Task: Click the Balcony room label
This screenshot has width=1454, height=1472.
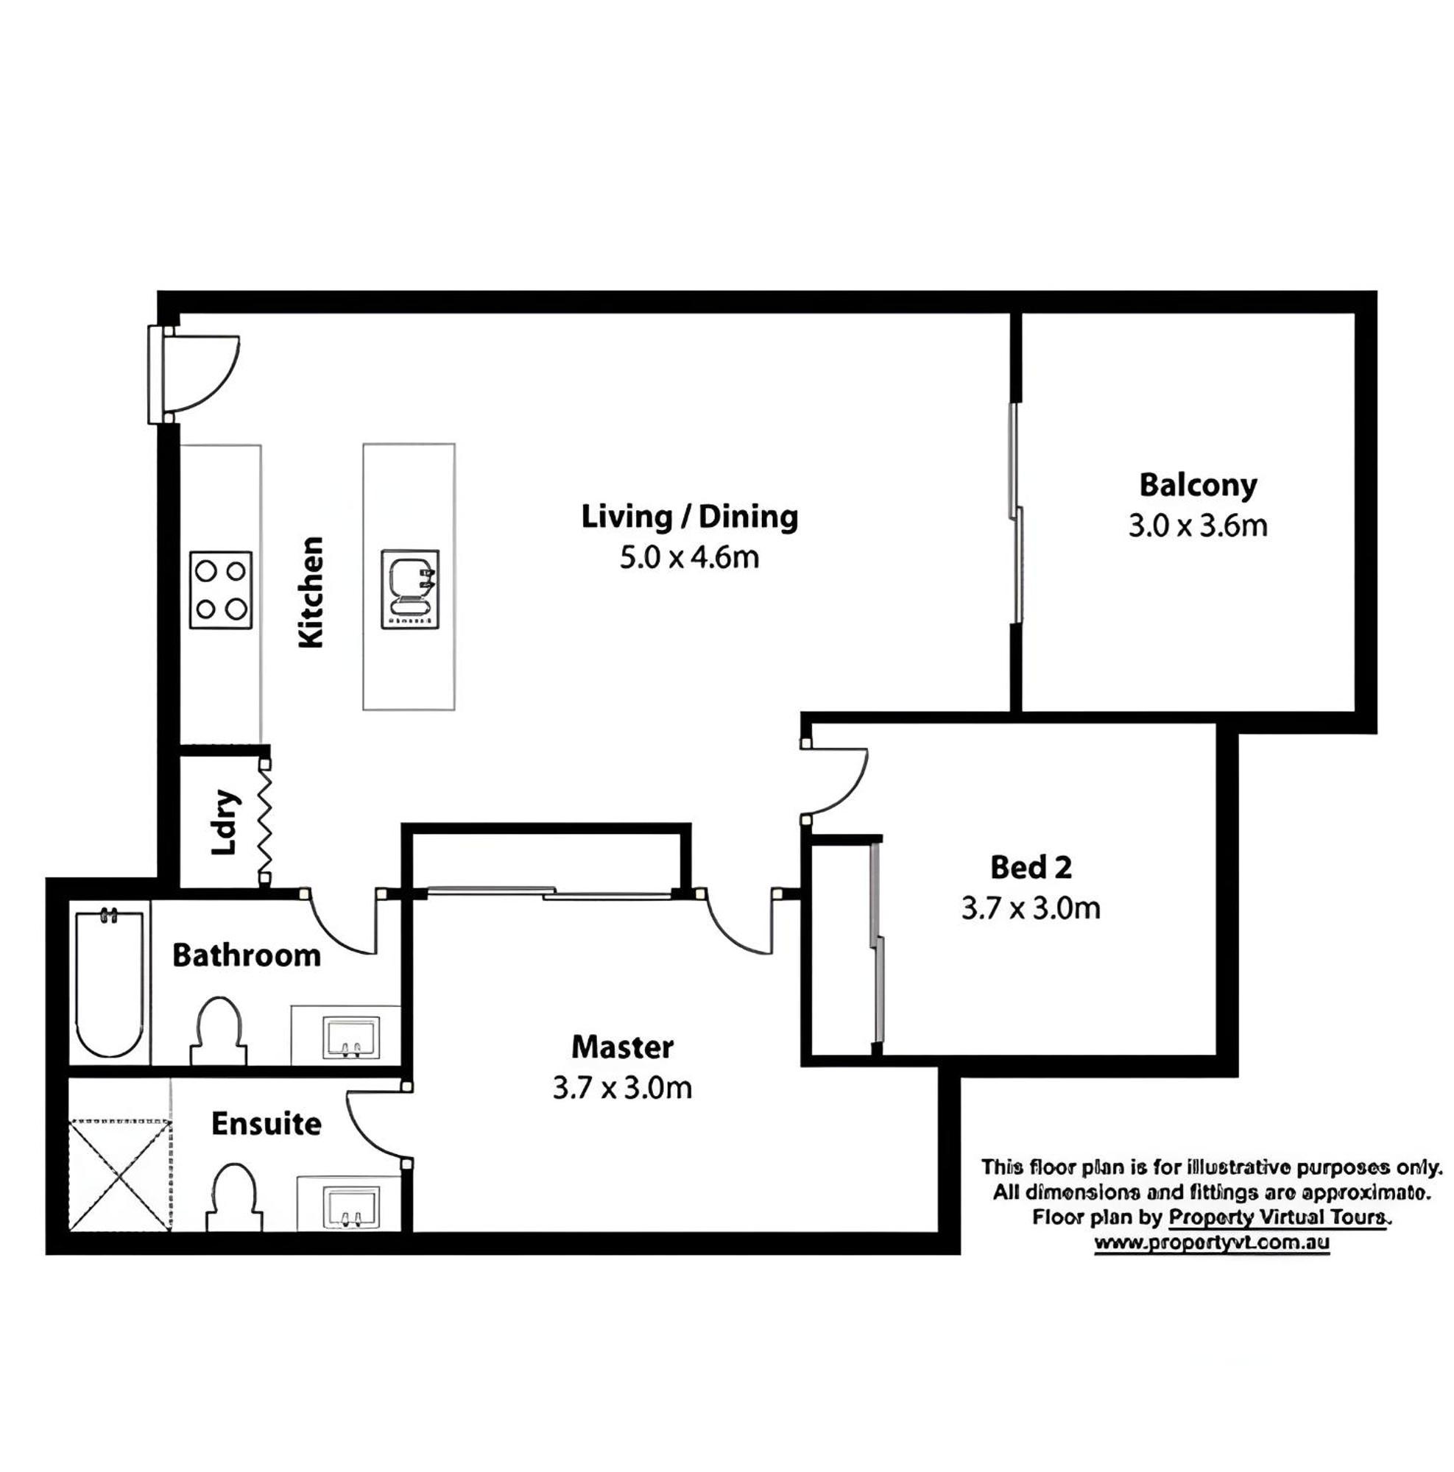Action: coord(1197,485)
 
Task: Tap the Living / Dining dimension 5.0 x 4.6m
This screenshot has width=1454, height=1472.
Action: coord(689,557)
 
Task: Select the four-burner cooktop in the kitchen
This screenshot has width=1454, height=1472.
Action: coord(220,590)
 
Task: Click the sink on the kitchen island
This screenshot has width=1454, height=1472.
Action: coord(410,589)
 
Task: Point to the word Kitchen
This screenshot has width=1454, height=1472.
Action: coord(311,592)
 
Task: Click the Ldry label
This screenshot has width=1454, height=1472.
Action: coord(225,824)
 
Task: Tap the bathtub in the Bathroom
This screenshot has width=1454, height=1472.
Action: coord(109,983)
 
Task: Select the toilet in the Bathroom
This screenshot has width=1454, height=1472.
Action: coord(219,1030)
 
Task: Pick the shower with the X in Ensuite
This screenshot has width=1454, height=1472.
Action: coord(120,1175)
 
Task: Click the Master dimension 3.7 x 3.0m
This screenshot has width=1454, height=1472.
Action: coord(622,1087)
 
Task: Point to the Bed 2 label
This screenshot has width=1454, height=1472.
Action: coord(1031,867)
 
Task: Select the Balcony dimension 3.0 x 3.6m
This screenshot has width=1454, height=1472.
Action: coord(1197,526)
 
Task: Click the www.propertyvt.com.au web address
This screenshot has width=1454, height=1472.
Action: coord(1212,1243)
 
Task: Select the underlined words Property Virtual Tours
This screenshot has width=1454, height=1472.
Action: coord(1278,1217)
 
